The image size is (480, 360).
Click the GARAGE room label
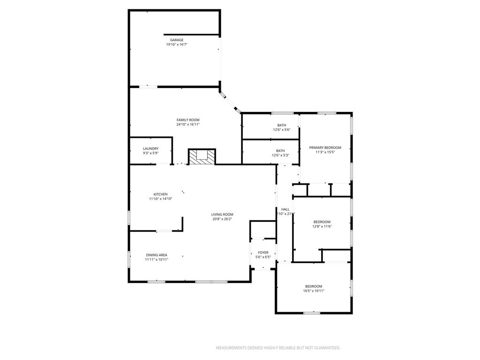[177, 40]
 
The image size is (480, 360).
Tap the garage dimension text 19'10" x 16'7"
[177, 45]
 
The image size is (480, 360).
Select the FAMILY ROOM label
[188, 120]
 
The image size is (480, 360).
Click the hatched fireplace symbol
[202, 157]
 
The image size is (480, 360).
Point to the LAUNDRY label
[150, 149]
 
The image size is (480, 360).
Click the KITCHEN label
[160, 194]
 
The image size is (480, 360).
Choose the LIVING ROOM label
[222, 214]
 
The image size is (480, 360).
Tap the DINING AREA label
[157, 255]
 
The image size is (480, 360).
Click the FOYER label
[263, 252]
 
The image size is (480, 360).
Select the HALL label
[285, 209]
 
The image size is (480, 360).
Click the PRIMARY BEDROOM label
[325, 147]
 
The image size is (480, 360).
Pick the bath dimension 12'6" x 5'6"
[282, 130]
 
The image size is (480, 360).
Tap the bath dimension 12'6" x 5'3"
[280, 156]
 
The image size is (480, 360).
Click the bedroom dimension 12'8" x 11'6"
[322, 226]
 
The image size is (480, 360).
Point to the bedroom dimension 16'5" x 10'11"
[314, 291]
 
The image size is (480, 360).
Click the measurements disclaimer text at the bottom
[278, 348]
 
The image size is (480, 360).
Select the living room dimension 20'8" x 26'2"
[222, 219]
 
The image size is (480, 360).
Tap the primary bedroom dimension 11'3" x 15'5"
[325, 152]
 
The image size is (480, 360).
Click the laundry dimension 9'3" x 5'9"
[150, 153]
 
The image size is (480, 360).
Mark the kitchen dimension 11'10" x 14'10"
[161, 199]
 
